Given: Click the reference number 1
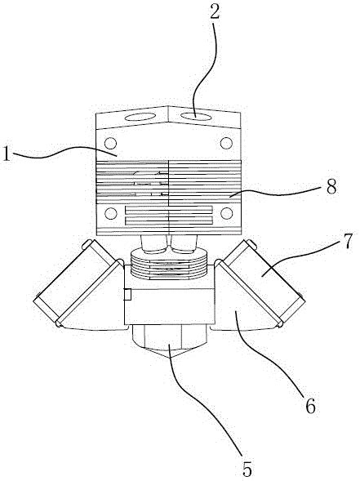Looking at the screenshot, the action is point(6,154).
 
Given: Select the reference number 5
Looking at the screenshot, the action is point(247,469).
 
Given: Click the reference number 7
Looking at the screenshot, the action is point(347,240).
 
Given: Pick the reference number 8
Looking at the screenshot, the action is point(331,186).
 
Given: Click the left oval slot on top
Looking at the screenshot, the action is point(140,117).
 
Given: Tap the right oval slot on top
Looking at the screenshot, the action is point(196,116).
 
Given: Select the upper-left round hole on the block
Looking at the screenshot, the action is point(110,143).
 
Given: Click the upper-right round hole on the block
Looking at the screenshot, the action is point(226,143).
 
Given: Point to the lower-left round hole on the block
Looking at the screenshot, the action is point(110,213).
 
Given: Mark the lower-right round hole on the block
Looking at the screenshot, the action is point(226,213).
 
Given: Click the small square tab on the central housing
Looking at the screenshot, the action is point(127,294).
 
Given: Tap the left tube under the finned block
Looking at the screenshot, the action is point(153,244).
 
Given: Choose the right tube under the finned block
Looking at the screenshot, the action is point(184,244).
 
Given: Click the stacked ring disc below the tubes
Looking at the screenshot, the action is point(169,265).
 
